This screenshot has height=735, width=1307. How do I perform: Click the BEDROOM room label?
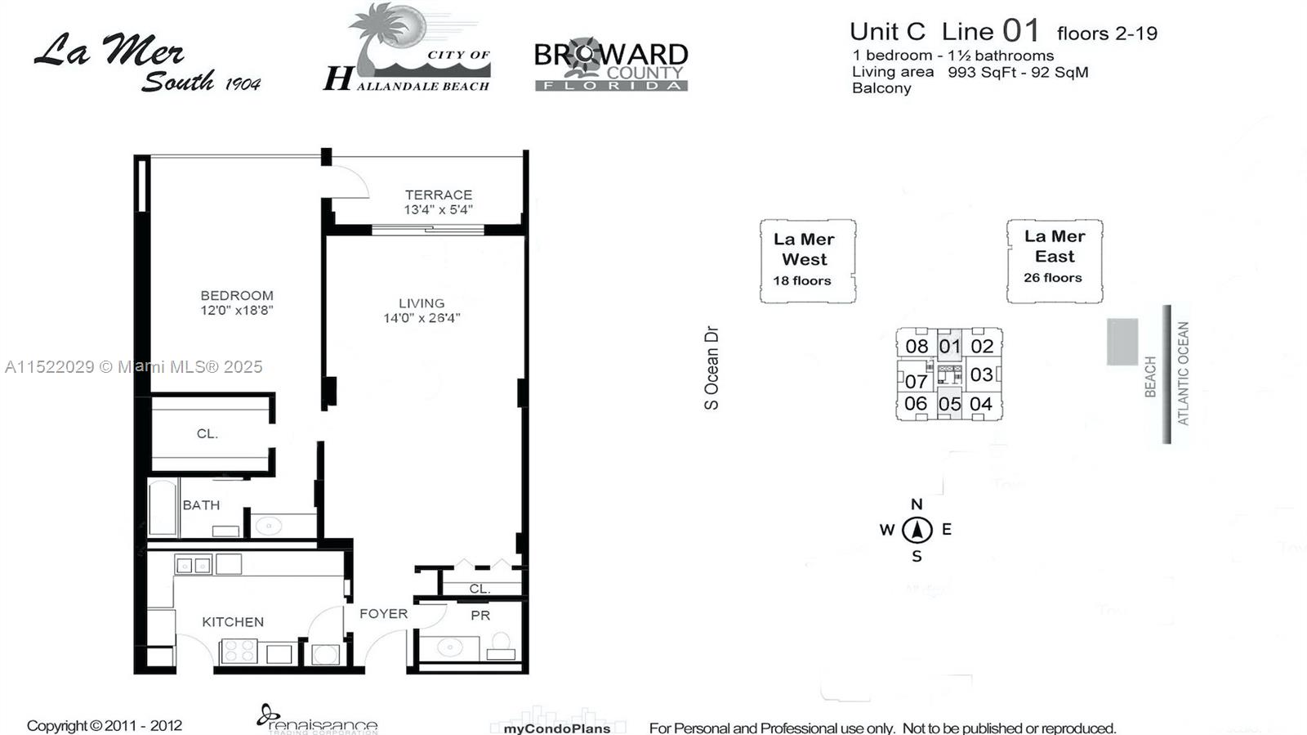click(x=236, y=295)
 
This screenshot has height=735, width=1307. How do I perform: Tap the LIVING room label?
click(x=422, y=303)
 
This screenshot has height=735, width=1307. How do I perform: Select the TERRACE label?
click(x=439, y=195)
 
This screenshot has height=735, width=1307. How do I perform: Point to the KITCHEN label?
click(x=233, y=621)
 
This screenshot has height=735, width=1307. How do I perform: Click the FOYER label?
click(x=383, y=613)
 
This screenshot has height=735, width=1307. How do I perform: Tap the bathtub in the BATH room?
click(x=163, y=508)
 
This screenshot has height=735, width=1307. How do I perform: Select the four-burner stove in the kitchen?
click(x=239, y=652)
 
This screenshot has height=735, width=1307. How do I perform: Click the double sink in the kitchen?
click(x=193, y=564)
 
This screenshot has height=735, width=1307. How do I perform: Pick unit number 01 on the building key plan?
click(x=949, y=346)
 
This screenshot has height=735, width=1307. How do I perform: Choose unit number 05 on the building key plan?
click(x=949, y=403)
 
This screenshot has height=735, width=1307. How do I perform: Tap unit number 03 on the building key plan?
click(x=981, y=374)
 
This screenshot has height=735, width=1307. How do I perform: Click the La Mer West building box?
click(x=808, y=261)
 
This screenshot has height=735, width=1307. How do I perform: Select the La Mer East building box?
click(x=1055, y=261)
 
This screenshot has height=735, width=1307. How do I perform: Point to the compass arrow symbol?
click(x=917, y=530)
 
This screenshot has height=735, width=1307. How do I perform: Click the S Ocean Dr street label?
click(x=711, y=368)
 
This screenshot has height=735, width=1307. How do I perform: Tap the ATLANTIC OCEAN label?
click(x=1183, y=374)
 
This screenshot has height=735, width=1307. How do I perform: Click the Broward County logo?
click(x=611, y=64)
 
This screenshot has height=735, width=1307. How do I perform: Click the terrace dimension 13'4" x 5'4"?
click(x=438, y=209)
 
